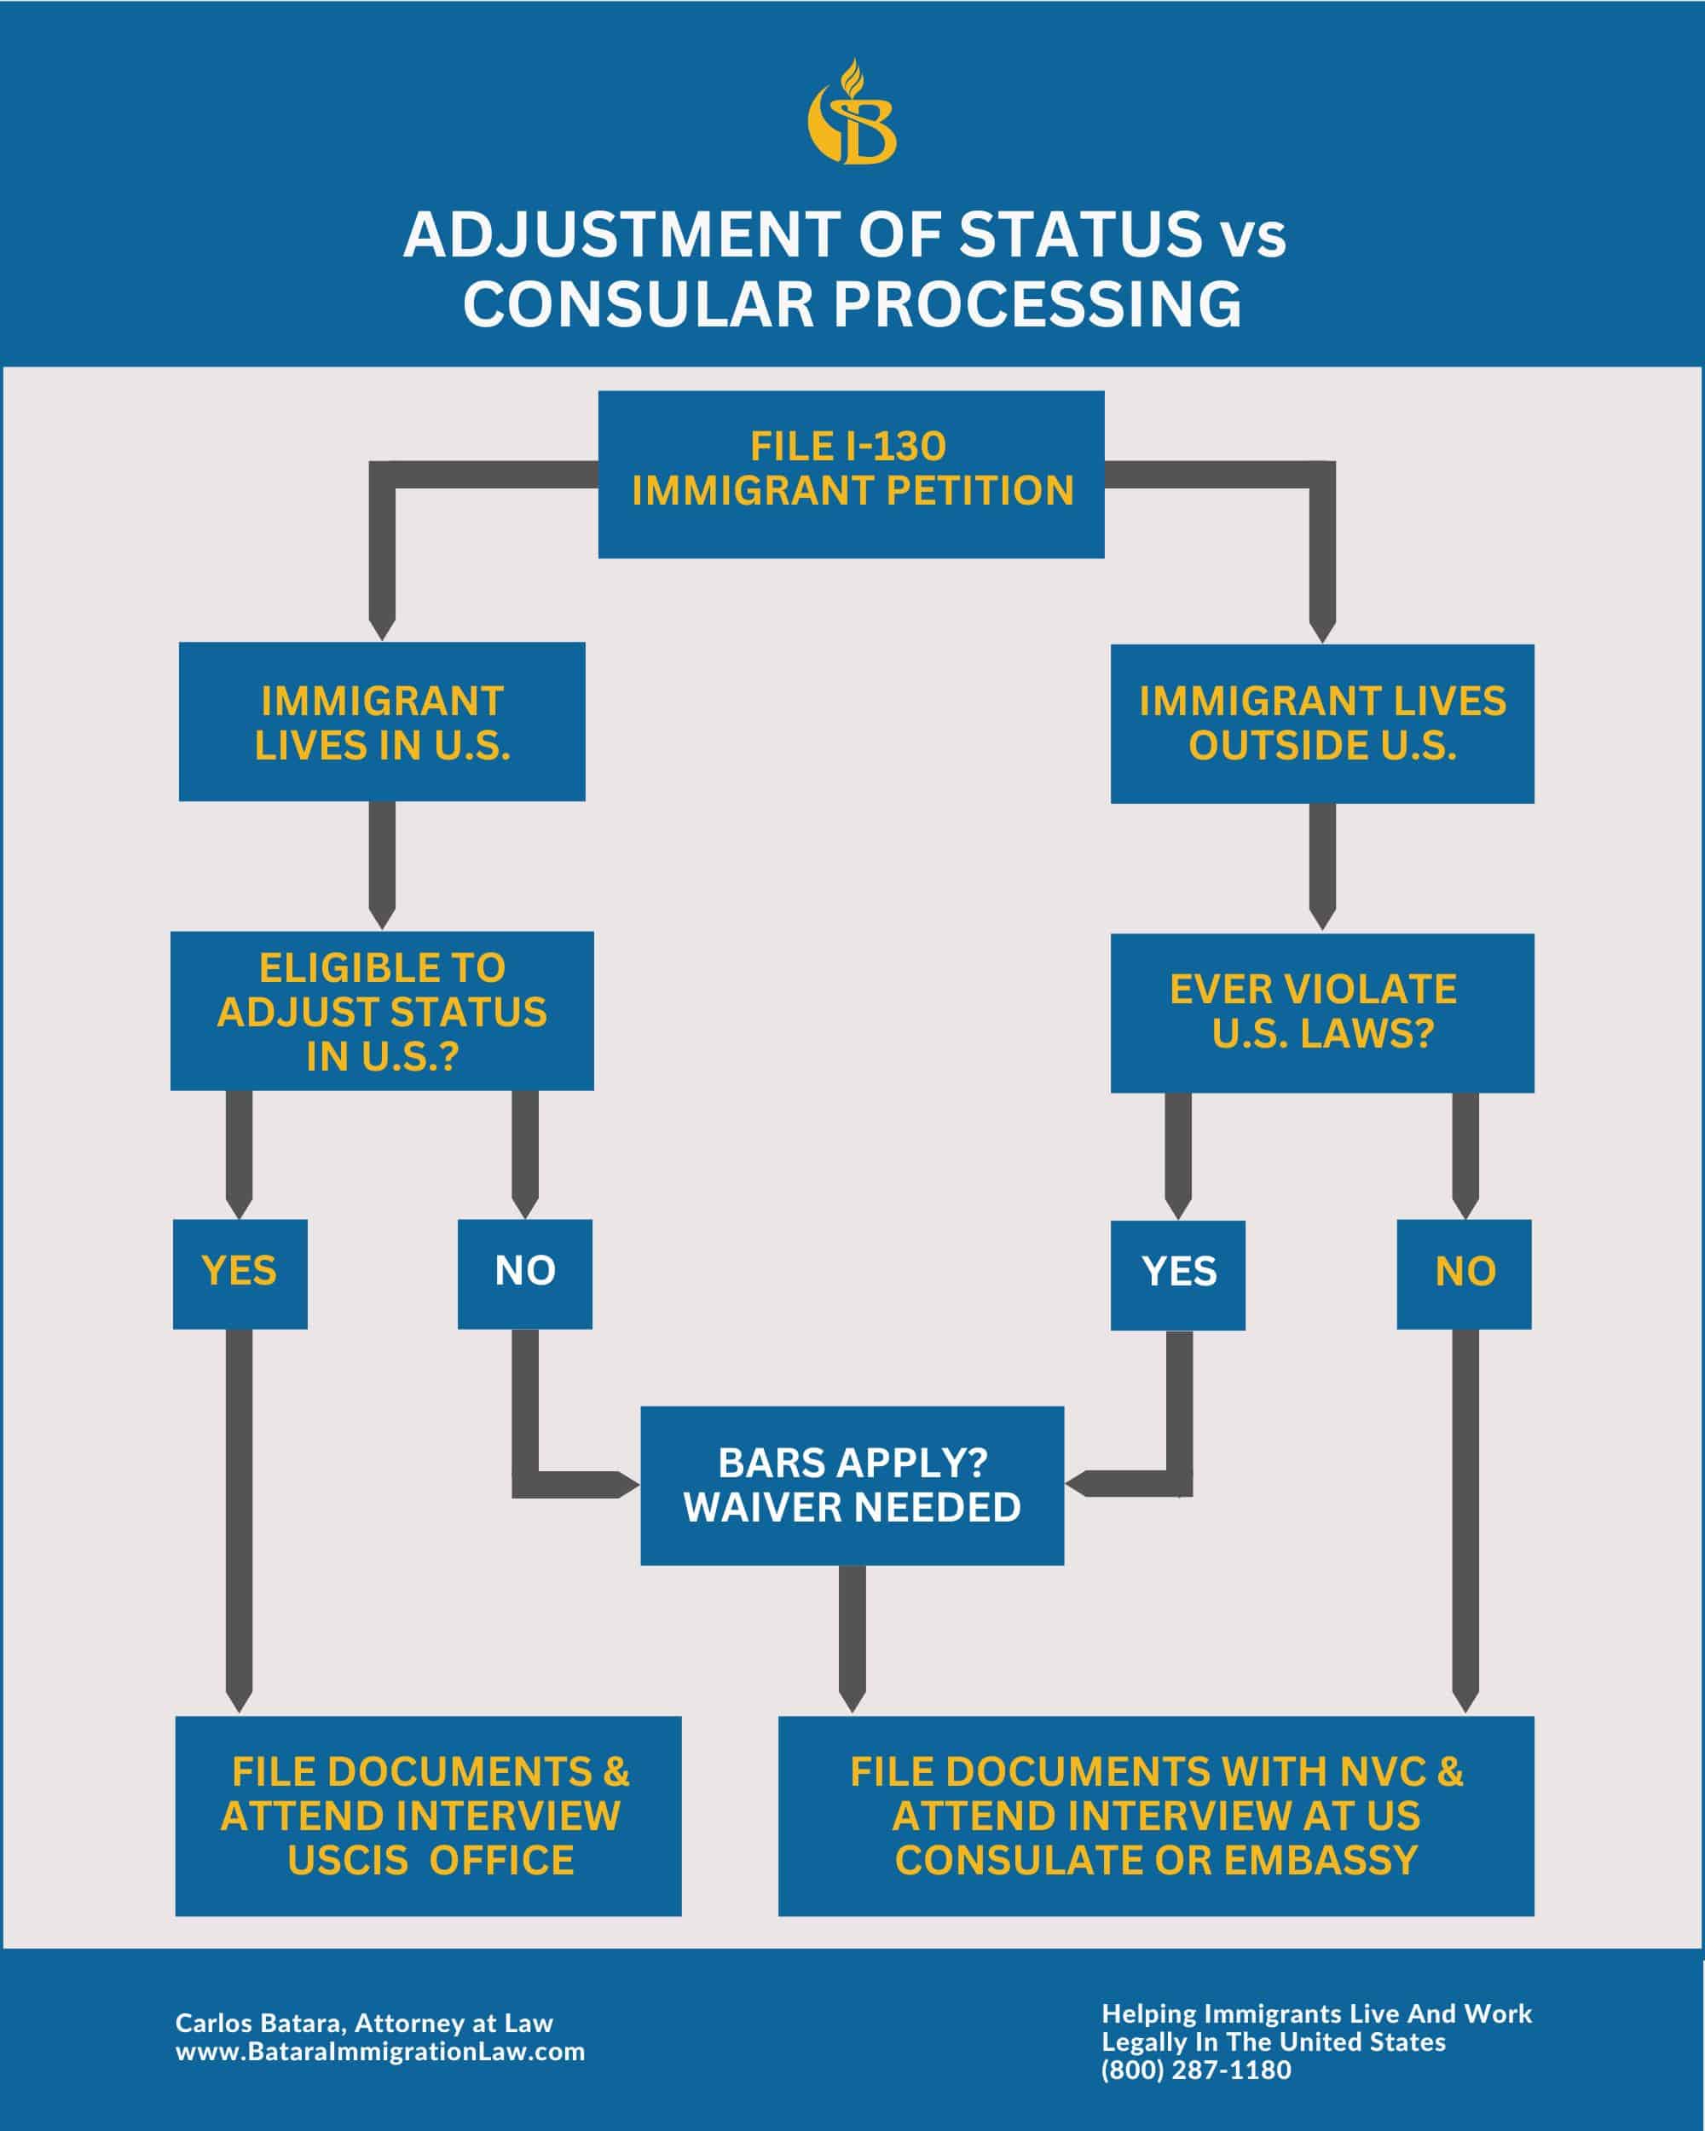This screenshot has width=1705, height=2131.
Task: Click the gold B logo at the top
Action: click(852, 113)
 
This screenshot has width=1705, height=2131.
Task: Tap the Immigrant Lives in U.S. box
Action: click(382, 721)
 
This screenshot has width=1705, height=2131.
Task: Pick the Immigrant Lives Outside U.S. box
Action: click(1321, 724)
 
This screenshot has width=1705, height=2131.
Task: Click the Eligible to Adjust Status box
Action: click(382, 1010)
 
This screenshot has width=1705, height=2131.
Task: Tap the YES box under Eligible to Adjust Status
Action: click(240, 1273)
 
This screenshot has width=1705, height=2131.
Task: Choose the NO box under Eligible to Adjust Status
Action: click(525, 1273)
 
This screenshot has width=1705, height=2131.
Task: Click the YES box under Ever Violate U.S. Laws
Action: click(1177, 1274)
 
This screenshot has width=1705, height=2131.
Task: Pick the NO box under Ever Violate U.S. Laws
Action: click(1464, 1273)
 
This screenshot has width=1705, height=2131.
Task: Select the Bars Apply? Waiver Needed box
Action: click(852, 1485)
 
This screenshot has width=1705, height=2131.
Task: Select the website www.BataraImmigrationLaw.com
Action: click(379, 2051)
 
